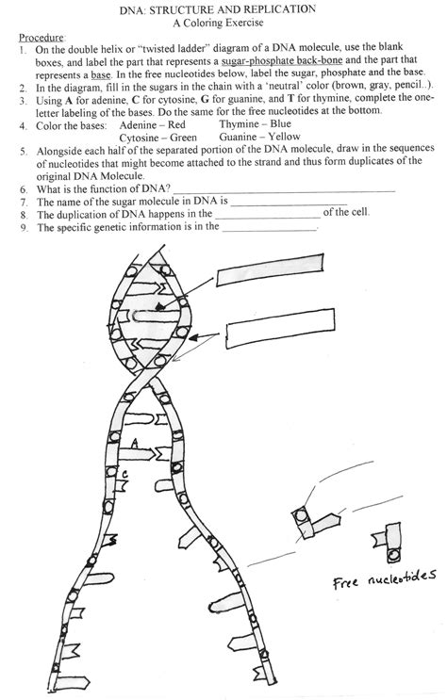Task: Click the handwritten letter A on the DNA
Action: [x=136, y=441]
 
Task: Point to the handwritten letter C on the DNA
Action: [x=124, y=474]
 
